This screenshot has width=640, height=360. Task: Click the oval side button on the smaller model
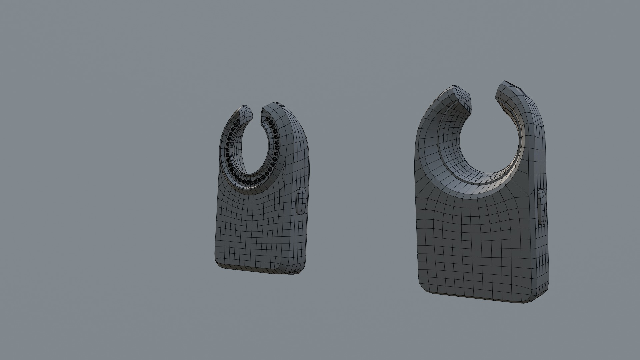click(301, 200)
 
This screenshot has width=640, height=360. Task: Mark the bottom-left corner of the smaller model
click(218, 265)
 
